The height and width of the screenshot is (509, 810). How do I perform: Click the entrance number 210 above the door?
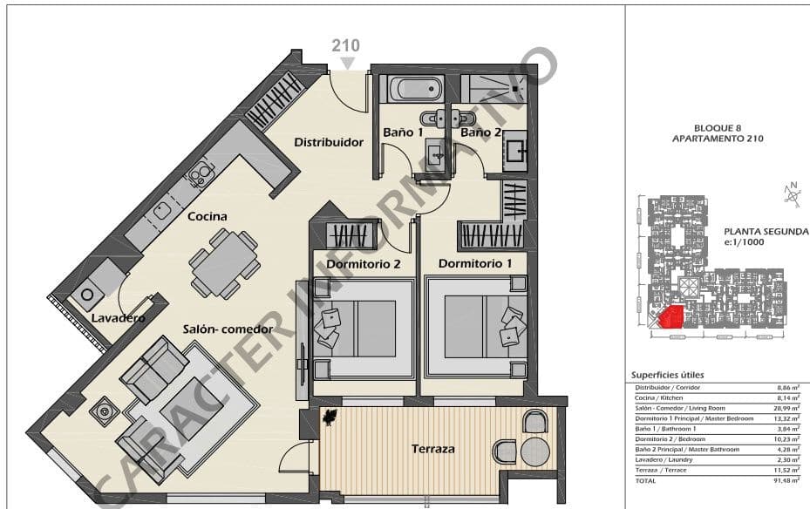pyautogui.click(x=344, y=46)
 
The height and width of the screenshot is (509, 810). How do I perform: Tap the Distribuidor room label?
pyautogui.click(x=328, y=142)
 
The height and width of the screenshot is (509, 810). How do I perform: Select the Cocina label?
pyautogui.click(x=207, y=216)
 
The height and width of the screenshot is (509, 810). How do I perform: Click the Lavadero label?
pyautogui.click(x=118, y=319)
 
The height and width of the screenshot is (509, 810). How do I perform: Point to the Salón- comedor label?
pyautogui.click(x=228, y=329)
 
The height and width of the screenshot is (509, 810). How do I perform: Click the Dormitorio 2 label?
pyautogui.click(x=364, y=263)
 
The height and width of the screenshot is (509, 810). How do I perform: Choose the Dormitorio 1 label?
pyautogui.click(x=475, y=263)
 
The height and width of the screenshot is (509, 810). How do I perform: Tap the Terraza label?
pyautogui.click(x=433, y=449)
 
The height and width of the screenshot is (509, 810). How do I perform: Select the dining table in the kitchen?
pyautogui.click(x=224, y=263)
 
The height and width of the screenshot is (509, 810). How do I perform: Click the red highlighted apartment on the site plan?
pyautogui.click(x=670, y=316)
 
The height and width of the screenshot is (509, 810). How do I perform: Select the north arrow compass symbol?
pyautogui.click(x=792, y=194)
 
